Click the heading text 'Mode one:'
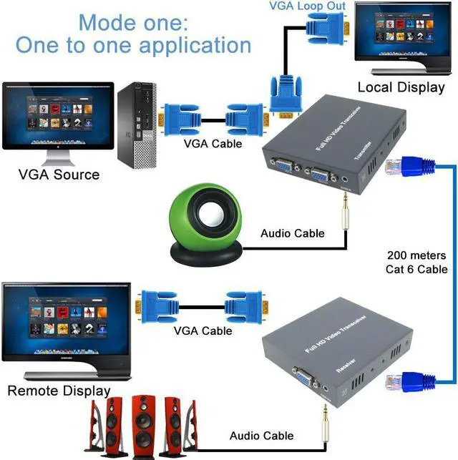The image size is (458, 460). pos(134,20)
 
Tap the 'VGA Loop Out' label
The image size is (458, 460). pos(307,6)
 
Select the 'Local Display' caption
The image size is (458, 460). pos(401,87)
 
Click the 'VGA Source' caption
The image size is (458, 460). pos(59,174)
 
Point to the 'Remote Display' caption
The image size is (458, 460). pos(59,391)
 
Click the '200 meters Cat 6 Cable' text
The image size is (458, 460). pos(417,262)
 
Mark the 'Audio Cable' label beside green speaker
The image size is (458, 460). pos(292,233)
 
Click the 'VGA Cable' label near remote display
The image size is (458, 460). pos(202,331)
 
